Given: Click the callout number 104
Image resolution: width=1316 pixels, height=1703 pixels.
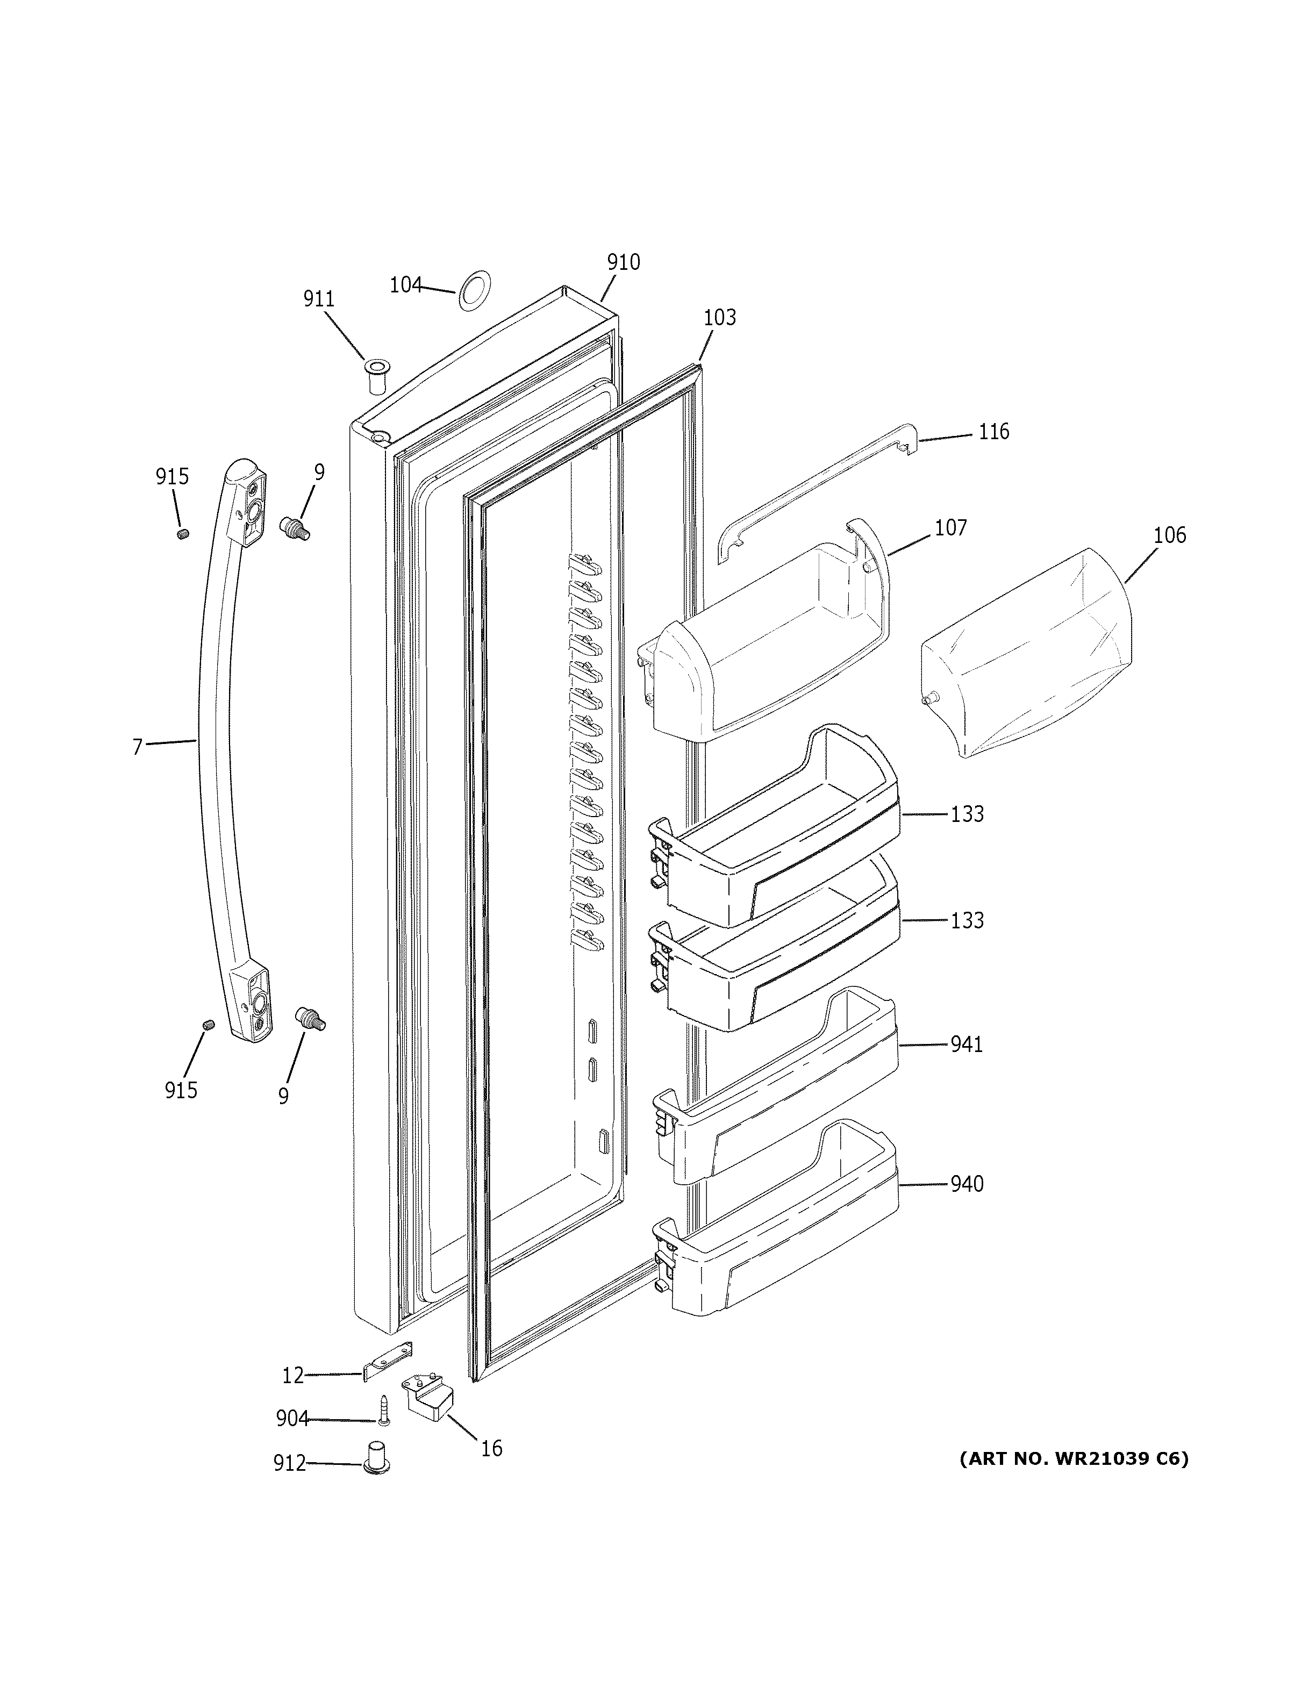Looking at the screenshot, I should click(x=405, y=285).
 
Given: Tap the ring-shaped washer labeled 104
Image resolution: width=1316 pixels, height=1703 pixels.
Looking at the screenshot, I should click(x=473, y=290).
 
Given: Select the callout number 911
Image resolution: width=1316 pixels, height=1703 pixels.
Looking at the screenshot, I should click(x=319, y=299).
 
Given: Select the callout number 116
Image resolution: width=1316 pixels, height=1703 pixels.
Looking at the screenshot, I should click(x=993, y=431).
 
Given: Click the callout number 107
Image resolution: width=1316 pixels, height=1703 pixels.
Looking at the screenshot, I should click(x=950, y=528).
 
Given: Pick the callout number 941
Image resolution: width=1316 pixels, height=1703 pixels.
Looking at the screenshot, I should click(x=966, y=1044).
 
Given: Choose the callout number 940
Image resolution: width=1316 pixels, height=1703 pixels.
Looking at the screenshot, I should click(x=966, y=1184).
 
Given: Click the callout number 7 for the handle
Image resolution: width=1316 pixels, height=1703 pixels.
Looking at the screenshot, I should click(x=137, y=747).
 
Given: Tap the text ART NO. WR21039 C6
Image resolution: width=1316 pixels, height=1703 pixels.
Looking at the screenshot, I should click(x=1074, y=1458).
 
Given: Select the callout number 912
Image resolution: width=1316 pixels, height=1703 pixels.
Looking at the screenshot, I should click(x=289, y=1464).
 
